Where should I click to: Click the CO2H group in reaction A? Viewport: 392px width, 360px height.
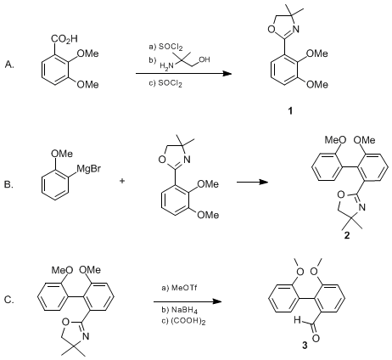point(64,39)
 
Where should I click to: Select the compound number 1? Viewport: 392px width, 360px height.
point(290,111)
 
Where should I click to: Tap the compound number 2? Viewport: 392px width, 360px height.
point(347,234)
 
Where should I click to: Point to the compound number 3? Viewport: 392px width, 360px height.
point(305,346)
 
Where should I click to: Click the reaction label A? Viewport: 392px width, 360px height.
point(9,65)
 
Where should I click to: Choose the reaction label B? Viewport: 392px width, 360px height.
point(8,185)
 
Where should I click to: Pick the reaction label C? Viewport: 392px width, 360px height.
point(9,300)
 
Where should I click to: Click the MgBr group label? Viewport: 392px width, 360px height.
point(88,170)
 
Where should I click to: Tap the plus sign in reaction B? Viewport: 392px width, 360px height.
point(122,181)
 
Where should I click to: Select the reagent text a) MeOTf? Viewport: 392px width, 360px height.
point(179,288)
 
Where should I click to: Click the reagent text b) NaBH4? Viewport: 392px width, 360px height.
point(179,310)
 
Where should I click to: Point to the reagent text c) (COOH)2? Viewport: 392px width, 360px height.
point(183,322)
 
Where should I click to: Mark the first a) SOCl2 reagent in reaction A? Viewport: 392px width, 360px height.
point(166,48)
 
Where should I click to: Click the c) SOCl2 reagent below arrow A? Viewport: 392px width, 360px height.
point(165,84)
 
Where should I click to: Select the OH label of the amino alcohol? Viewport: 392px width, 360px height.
point(204,59)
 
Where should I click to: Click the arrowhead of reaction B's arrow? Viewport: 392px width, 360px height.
point(264,182)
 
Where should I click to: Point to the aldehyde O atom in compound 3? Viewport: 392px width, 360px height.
point(316,338)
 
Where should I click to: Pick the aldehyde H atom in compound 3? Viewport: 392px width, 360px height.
point(297,320)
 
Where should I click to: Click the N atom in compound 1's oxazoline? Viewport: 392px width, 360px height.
point(296,29)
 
